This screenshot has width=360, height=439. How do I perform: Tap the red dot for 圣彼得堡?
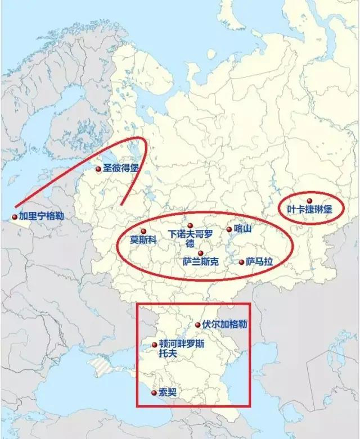[98, 168]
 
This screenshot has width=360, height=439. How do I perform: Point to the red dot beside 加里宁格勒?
[15, 216]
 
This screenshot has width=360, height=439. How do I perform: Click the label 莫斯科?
[142, 239]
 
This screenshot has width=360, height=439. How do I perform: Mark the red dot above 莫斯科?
[143, 231]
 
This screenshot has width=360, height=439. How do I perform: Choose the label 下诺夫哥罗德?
[191, 238]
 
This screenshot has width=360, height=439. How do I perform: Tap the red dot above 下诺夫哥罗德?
[190, 225]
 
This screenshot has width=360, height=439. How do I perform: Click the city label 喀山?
[242, 229]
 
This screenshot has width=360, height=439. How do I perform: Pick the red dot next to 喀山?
[229, 229]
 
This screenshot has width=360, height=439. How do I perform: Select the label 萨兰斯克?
[201, 262]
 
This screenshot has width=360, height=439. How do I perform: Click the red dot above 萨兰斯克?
[201, 254]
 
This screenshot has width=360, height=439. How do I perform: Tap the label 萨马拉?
[259, 262]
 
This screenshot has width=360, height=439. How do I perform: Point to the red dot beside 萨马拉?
[242, 262]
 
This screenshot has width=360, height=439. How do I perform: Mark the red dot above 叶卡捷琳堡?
[309, 200]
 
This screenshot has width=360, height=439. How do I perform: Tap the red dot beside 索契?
[154, 392]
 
